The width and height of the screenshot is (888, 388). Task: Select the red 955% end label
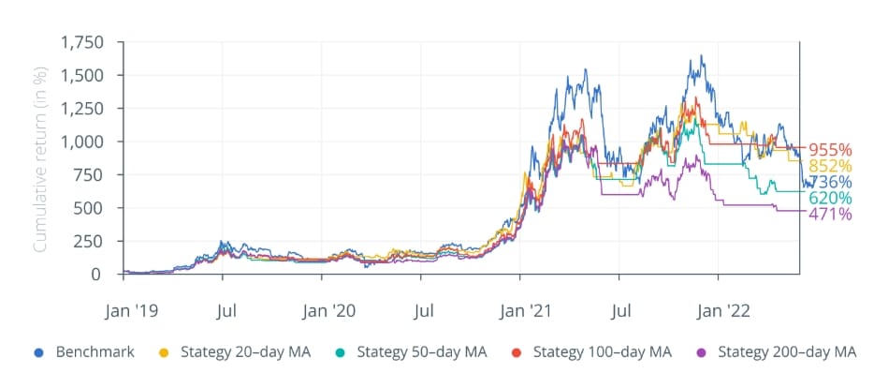[x=830, y=150]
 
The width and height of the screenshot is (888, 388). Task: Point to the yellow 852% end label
[x=830, y=166]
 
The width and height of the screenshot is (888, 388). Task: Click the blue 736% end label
[x=830, y=182]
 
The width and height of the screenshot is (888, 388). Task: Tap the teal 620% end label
[x=830, y=199]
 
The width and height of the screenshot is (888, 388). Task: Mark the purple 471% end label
[x=830, y=215]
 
